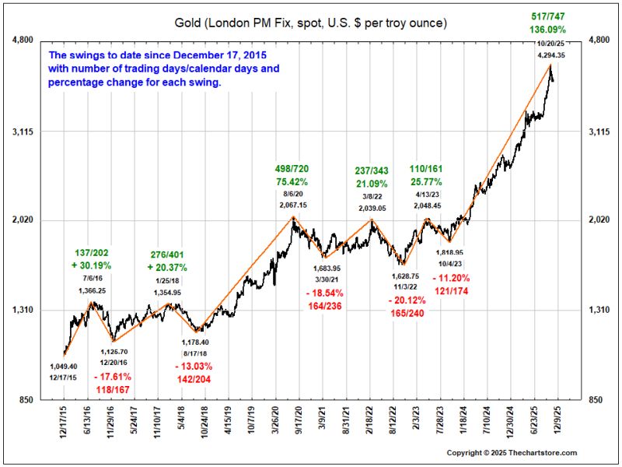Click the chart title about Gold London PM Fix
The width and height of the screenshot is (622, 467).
click(310, 23)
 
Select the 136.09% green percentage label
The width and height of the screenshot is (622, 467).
click(547, 30)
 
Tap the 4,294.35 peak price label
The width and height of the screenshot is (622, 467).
click(551, 55)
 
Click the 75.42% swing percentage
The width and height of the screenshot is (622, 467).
click(292, 182)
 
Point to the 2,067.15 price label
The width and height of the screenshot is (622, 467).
click(293, 205)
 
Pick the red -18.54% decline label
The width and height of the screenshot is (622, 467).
click(324, 293)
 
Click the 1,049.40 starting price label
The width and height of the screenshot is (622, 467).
click(64, 366)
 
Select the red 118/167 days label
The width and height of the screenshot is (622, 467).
click(113, 390)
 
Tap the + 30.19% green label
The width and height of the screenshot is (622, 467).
click(91, 265)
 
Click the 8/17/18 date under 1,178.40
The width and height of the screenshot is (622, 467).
click(195, 353)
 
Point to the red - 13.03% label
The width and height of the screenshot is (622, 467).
click(194, 366)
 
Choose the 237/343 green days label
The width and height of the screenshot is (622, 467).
click(372, 170)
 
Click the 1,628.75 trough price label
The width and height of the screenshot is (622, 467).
click(405, 276)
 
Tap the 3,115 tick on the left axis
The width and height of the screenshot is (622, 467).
click(23, 132)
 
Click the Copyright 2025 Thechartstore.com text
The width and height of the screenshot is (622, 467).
click(512, 453)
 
